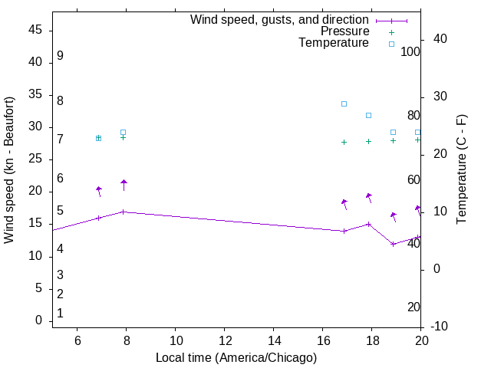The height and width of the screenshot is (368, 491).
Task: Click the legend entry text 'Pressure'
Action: (x=344, y=31)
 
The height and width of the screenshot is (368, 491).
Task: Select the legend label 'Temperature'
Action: (x=334, y=43)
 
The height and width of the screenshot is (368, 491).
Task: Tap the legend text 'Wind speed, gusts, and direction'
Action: (x=280, y=20)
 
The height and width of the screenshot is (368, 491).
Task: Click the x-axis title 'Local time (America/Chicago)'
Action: (x=236, y=358)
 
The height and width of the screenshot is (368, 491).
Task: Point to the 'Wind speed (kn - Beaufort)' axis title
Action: (x=9, y=170)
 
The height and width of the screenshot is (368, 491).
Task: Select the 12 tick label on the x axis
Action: (x=225, y=340)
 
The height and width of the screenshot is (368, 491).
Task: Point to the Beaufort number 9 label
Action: (x=60, y=56)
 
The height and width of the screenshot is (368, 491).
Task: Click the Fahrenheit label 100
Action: (x=410, y=51)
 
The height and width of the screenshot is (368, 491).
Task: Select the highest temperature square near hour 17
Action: (x=344, y=103)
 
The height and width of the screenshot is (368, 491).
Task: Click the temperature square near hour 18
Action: (x=369, y=115)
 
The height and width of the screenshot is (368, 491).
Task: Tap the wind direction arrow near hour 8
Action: (x=124, y=184)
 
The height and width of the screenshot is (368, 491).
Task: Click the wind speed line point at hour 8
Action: (x=124, y=212)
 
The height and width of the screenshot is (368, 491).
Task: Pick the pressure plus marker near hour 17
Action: (x=344, y=142)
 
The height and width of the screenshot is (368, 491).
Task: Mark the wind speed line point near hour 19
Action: (x=394, y=244)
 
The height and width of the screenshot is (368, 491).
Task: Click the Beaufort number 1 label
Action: (x=60, y=314)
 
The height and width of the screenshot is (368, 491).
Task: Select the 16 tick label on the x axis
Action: (x=323, y=340)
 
